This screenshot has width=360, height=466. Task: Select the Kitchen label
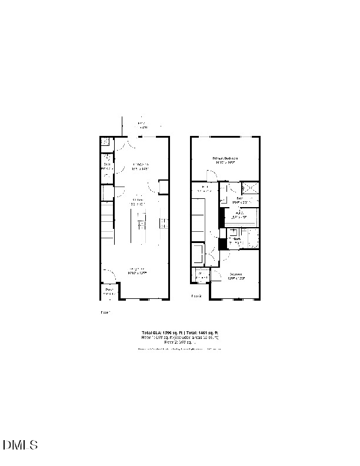click(138, 202)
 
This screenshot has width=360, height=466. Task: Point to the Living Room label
click(137, 272)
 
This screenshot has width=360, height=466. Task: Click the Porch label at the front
click(109, 291)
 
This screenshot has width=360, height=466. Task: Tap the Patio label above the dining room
click(142, 125)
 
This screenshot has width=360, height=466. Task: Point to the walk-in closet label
click(240, 215)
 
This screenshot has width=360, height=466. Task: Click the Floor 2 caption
click(196, 297)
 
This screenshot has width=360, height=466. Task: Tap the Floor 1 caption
click(106, 312)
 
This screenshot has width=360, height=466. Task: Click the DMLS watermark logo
click(21, 445)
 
